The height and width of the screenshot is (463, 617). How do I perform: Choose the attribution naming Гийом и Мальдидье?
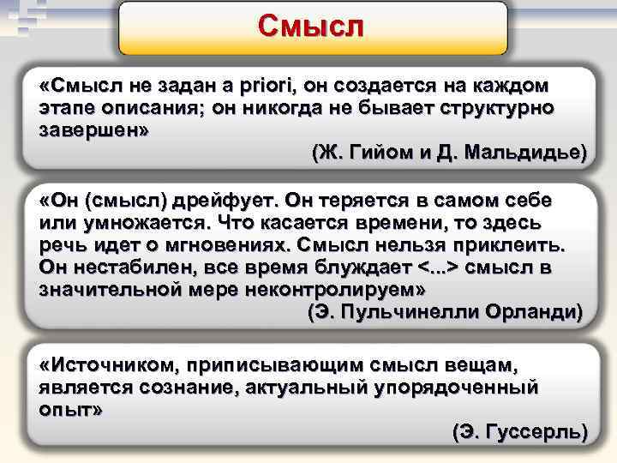449,153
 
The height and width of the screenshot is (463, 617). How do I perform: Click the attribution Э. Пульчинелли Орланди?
445,311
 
